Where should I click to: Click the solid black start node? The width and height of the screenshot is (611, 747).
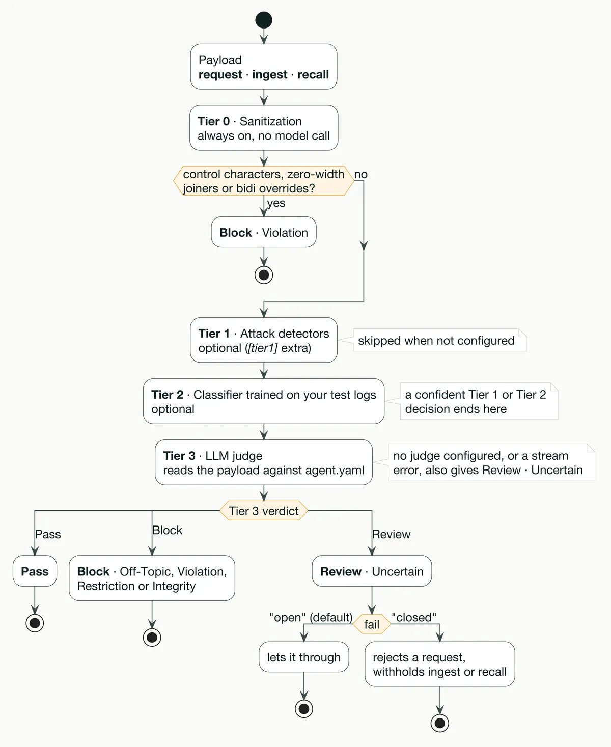(x=264, y=20)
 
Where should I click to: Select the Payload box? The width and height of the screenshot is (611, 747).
(x=264, y=67)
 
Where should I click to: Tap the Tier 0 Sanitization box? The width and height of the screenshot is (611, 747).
(x=264, y=128)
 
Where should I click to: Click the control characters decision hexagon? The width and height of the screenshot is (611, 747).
(x=264, y=181)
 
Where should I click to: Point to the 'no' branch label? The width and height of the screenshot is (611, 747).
(x=361, y=174)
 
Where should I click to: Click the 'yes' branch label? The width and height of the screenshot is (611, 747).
(x=276, y=203)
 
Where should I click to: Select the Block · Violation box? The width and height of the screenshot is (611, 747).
(x=264, y=232)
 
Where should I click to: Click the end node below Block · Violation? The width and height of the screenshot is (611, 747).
(x=264, y=275)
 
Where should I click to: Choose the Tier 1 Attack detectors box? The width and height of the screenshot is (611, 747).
(x=264, y=340)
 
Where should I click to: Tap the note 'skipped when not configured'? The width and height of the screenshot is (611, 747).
(x=440, y=340)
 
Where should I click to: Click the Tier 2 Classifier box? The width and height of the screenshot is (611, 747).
(x=264, y=401)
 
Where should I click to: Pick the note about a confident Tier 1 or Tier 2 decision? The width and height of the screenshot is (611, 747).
(x=479, y=401)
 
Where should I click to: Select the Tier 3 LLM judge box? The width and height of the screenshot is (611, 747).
(x=264, y=462)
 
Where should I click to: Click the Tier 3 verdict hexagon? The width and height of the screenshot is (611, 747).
(x=264, y=510)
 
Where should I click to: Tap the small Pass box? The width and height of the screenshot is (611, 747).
(x=35, y=571)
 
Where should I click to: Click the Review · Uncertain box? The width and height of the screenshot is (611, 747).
(x=372, y=571)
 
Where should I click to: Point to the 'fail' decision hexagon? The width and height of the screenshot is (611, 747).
(x=372, y=624)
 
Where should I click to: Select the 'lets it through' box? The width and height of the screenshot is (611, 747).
(x=304, y=657)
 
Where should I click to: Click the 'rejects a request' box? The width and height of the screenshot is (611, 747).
(x=440, y=664)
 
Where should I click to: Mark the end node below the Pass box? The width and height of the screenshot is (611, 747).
(x=35, y=623)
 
